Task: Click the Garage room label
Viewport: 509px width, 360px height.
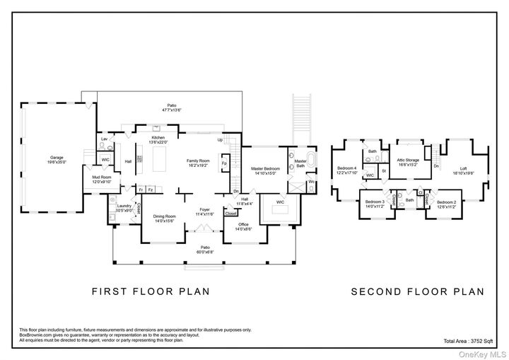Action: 57,159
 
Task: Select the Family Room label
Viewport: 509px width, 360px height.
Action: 198,163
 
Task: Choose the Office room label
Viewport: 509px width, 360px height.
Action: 242,227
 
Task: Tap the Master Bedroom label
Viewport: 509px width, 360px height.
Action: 266,170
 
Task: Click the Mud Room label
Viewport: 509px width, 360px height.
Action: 102,180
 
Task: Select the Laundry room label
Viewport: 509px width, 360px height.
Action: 124,208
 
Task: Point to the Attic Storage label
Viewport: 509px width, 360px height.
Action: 407,162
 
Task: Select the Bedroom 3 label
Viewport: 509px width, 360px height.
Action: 375,204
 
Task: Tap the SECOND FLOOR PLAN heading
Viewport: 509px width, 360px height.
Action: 417,291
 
